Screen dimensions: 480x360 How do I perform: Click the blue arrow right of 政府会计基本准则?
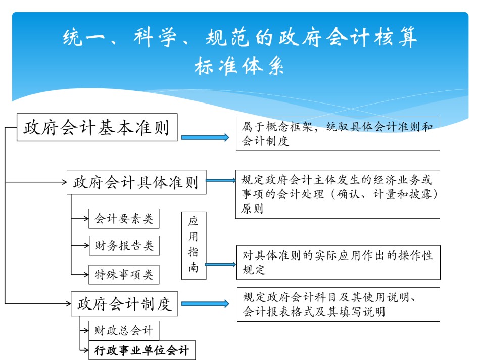[205, 138]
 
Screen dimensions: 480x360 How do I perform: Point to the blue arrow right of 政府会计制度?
[205, 304]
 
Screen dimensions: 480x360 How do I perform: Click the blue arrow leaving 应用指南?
[220, 264]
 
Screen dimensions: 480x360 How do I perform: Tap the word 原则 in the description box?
[252, 209]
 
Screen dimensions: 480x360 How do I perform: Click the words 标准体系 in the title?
[239, 66]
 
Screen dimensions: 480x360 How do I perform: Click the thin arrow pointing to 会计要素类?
[80, 219]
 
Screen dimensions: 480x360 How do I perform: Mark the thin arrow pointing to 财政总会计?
[84, 330]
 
